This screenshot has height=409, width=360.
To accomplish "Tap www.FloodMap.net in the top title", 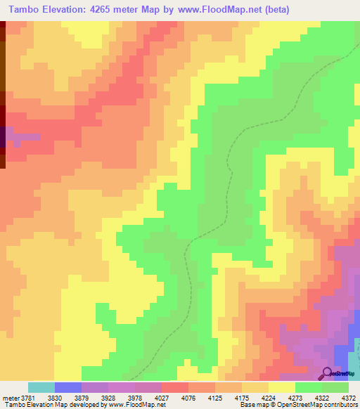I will point(217,9).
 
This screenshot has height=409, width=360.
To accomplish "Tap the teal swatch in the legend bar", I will point(41,387).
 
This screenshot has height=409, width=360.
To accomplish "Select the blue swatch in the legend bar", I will point(68,387).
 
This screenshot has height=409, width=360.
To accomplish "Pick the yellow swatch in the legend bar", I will point(282,387).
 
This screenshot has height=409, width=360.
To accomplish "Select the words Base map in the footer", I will point(254,405).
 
